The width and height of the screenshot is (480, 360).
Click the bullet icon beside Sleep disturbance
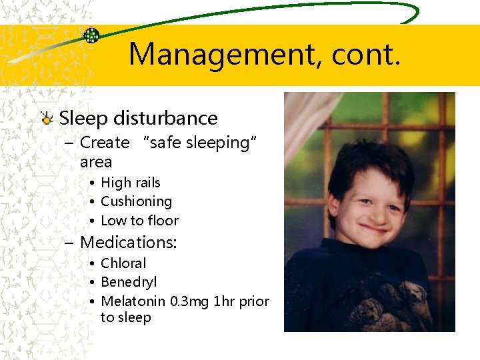tap(46, 119)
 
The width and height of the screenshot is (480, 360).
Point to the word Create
tap(105, 142)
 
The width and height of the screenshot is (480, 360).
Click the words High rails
tap(131, 182)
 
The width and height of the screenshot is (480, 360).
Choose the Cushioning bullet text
tap(136, 201)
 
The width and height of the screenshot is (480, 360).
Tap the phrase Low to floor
tap(139, 220)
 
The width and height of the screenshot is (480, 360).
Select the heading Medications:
tap(128, 242)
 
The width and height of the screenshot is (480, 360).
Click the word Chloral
tap(123, 263)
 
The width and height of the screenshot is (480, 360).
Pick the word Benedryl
tap(129, 282)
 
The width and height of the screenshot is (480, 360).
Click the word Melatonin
tap(133, 301)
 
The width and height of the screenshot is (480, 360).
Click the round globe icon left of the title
tap(91, 35)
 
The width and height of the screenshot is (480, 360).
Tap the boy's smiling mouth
tap(375, 227)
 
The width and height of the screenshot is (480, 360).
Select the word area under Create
tap(96, 161)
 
